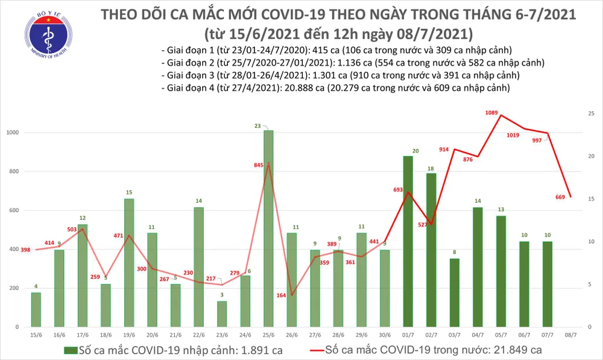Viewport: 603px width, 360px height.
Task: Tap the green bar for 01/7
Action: pos(408,241)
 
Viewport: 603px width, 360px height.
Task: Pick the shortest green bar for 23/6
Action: pos(221,314)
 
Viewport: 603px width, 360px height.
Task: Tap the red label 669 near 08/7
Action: pos(560,197)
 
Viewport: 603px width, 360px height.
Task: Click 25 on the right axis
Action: pos(592,114)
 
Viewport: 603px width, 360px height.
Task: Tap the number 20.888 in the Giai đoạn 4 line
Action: pos(291,88)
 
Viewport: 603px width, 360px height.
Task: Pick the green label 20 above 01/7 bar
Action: pos(415,151)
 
